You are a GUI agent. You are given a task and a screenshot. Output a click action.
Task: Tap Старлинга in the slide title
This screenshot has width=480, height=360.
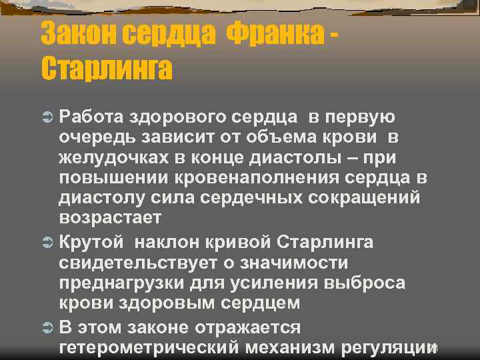click(x=107, y=68)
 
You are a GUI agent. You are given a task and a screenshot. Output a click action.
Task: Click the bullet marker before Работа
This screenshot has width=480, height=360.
click(x=48, y=118)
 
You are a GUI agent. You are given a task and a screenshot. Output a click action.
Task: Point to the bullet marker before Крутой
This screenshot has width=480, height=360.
click(x=48, y=242)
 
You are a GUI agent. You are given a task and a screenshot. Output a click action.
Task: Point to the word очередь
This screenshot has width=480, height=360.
click(x=97, y=138)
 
